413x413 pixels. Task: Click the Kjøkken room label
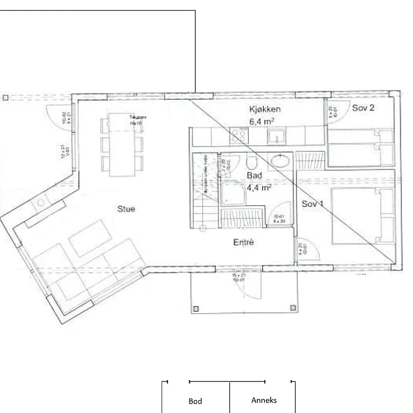[x=265, y=109]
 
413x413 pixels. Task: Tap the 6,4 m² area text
[x=261, y=122]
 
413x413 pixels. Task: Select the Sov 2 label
[x=363, y=108]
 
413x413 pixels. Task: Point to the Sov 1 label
[x=313, y=204]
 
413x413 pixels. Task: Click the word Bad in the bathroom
[x=254, y=176]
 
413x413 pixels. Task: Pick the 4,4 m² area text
[x=259, y=188]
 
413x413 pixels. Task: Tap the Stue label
[x=126, y=209]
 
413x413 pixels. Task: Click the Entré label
[x=243, y=242]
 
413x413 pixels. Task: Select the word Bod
[x=195, y=401]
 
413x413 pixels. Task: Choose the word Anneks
[x=264, y=400]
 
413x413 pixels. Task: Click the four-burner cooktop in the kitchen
[x=239, y=136]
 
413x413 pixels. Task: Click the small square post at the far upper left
[x=5, y=98]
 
